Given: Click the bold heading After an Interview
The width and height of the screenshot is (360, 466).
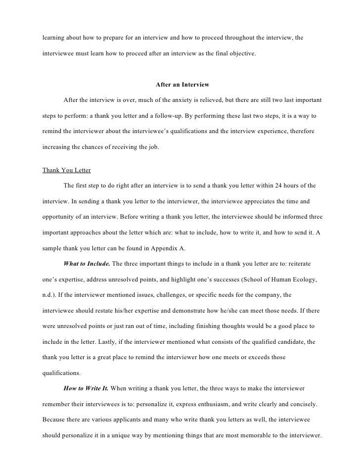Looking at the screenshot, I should (182, 85).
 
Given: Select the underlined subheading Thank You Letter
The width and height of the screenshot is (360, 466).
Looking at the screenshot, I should (66, 170).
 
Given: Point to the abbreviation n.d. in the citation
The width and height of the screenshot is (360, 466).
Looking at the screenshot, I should (50, 295).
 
